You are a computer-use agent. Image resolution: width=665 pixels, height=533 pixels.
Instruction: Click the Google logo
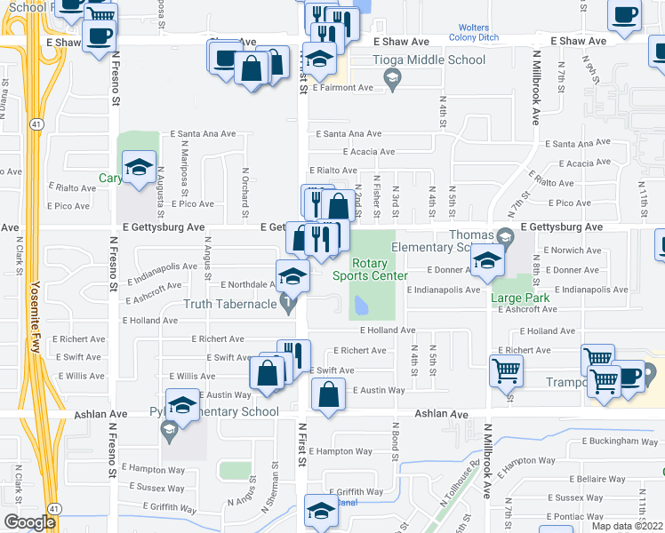[x=30, y=522]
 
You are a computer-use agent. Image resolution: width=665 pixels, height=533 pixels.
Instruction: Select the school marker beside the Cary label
[x=139, y=167]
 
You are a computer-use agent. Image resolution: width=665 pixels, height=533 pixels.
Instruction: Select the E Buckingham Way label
[x=620, y=442]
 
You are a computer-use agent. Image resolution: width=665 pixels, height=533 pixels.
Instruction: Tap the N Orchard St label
[x=244, y=186]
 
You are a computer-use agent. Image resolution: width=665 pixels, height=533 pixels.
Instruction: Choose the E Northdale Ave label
[x=250, y=284]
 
